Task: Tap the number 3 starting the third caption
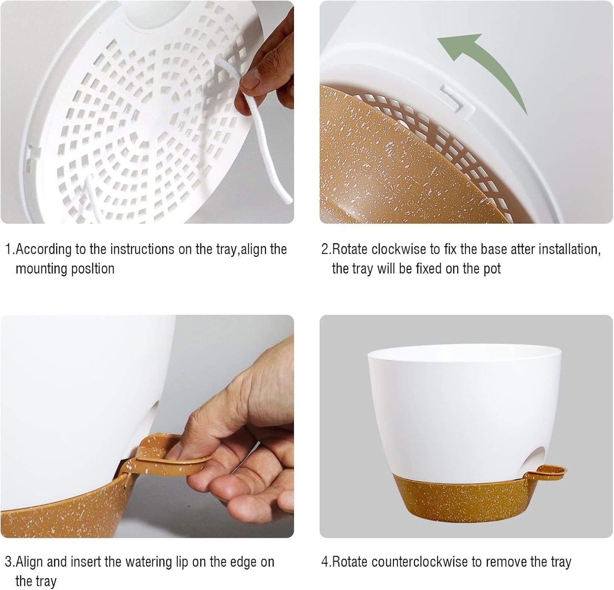[8, 562]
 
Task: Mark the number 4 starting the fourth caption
[326, 562]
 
